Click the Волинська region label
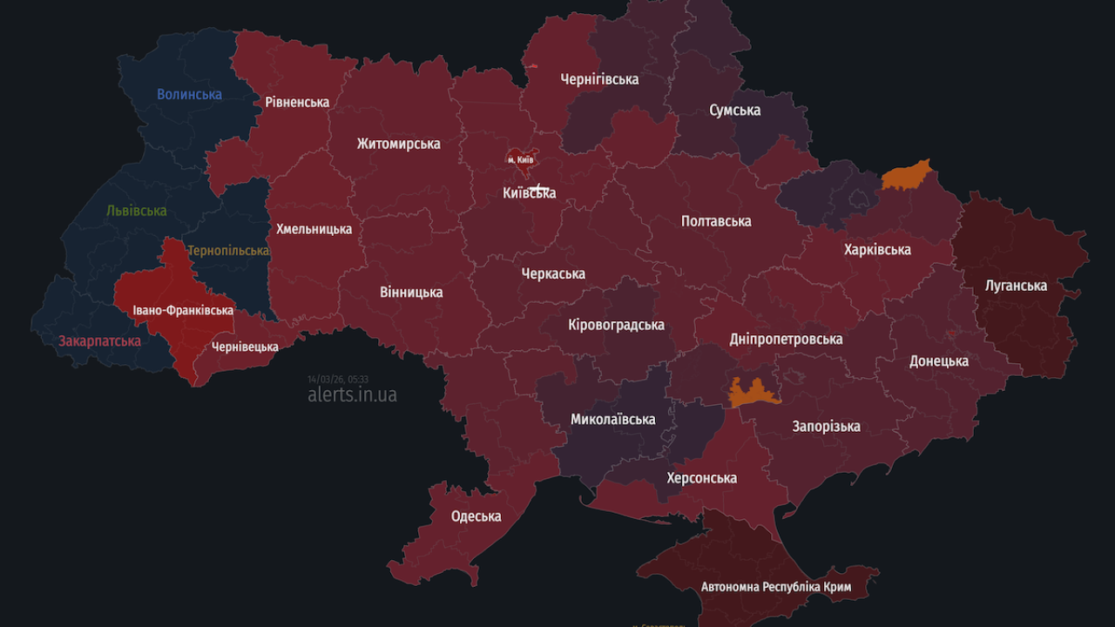coord(189,94)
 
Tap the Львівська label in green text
coord(136,211)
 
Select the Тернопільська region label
coord(228,251)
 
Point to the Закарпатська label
coord(99,340)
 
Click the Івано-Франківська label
coord(183,310)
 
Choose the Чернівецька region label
coord(245,347)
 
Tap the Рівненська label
coord(297,102)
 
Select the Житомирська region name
coord(398,144)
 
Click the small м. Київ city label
coord(521,160)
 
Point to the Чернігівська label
coord(599,79)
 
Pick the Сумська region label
coord(734,111)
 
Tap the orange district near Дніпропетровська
coord(753,393)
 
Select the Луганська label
coord(1016,286)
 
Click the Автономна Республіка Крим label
coord(776,587)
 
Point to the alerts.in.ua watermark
coord(352,394)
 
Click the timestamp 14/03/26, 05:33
coord(338,379)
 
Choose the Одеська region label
coord(476,516)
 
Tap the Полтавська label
coord(716,221)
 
